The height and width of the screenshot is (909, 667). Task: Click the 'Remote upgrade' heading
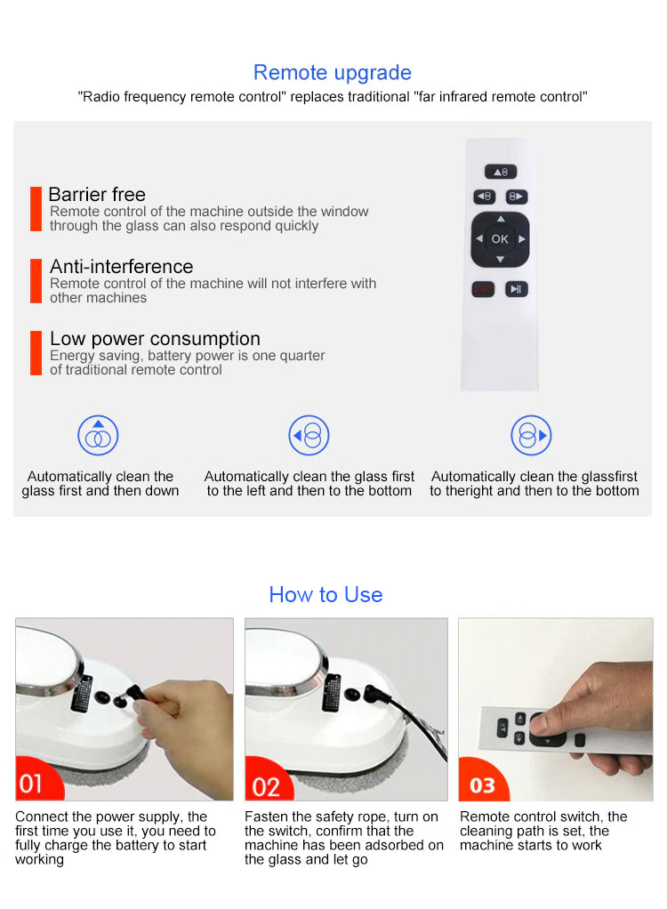pos(332,73)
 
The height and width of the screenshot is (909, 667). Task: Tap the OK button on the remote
pos(500,239)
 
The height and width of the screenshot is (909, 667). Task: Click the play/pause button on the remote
pos(516,289)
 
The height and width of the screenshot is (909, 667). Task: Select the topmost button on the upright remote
pos(501,172)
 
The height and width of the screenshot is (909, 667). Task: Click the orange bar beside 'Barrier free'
pos(36,209)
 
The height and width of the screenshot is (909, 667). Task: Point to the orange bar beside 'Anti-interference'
pos(36,280)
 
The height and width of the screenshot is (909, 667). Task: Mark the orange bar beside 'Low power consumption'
pos(36,353)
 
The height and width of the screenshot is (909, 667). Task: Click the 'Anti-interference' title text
pos(122,267)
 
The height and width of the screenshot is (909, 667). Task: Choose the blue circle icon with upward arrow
pos(98,435)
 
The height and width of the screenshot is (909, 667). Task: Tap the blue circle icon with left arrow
pos(309,435)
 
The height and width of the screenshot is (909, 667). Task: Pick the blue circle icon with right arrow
pos(531,435)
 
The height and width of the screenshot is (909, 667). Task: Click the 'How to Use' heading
pos(325,595)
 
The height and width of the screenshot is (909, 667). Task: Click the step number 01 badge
pos(36,780)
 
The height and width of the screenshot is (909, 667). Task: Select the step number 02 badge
pos(268,782)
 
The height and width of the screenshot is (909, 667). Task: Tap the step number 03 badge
pos(482,782)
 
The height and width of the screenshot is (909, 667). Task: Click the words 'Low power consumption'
pos(156,339)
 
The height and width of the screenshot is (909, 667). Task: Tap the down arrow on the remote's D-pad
pos(500,260)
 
